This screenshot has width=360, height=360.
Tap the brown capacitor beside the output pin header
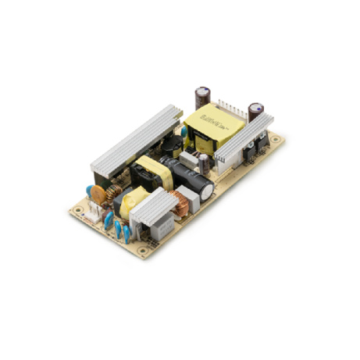pyautogui.click(x=257, y=110)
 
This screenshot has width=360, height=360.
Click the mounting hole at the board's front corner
pyautogui.click(x=143, y=251)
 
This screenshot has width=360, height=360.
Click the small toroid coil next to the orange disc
pyautogui.click(x=114, y=192)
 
